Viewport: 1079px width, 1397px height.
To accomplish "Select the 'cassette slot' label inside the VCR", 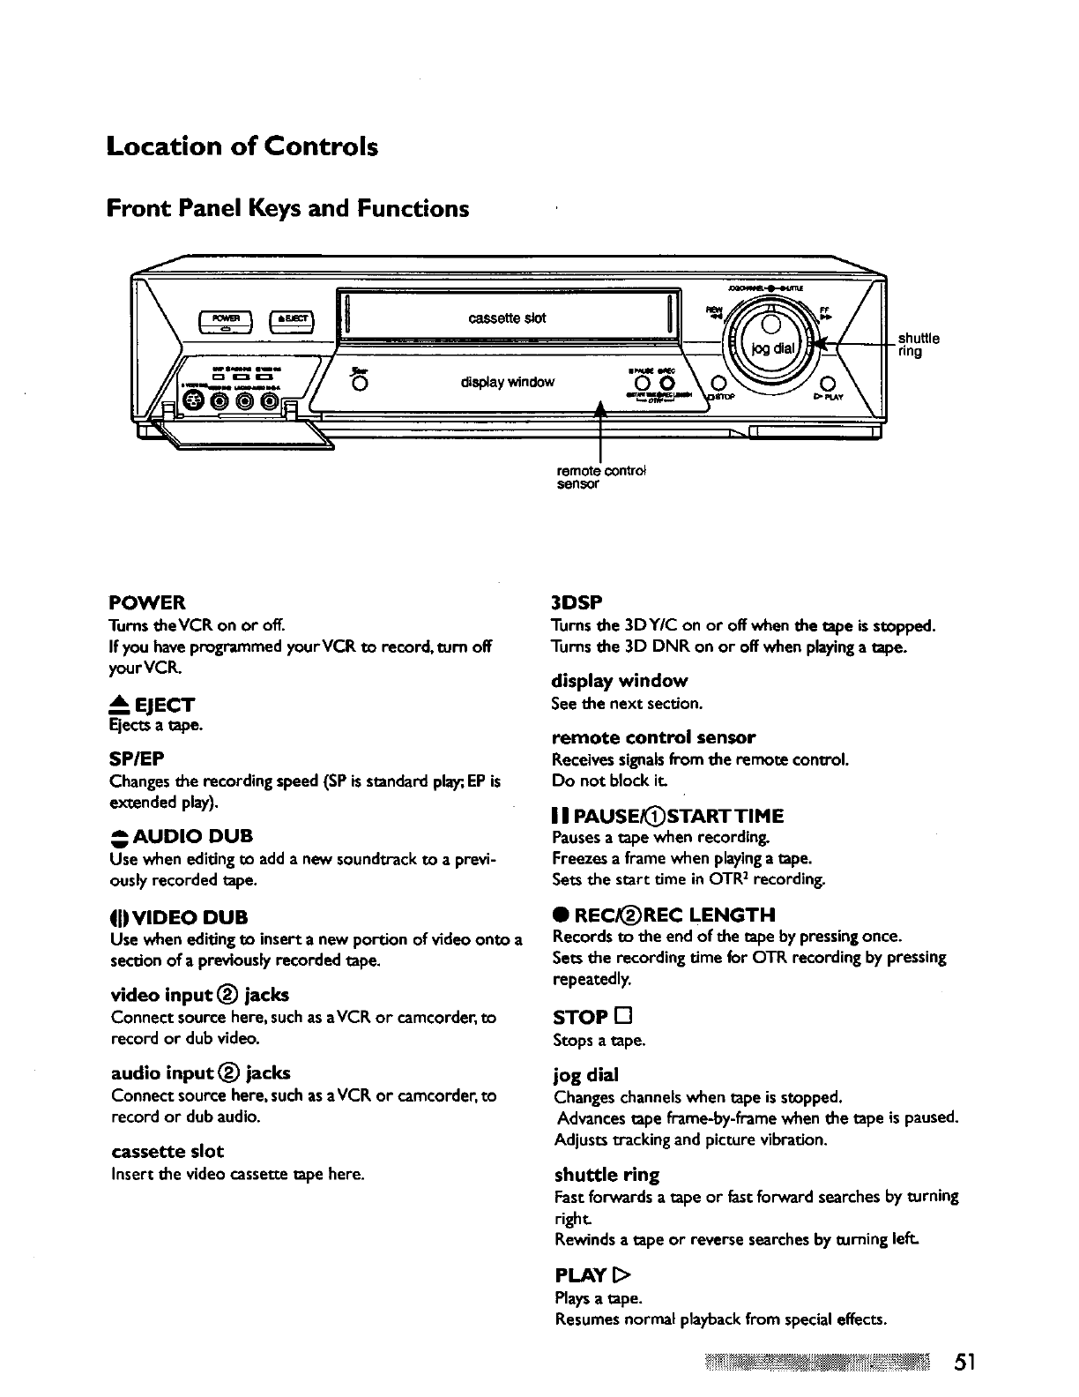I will pyautogui.click(x=507, y=317).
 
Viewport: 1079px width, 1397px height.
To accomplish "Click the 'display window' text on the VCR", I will pyautogui.click(x=507, y=382).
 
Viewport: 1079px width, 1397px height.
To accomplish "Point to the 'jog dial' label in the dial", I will pyautogui.click(x=773, y=347).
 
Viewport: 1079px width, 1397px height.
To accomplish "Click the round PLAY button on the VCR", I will pyautogui.click(x=827, y=383).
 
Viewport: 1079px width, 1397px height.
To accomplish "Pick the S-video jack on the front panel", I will pyautogui.click(x=192, y=402).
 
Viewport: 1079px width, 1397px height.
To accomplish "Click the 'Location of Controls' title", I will pyautogui.click(x=242, y=146).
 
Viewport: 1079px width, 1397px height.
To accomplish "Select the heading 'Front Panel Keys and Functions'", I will pyautogui.click(x=287, y=209).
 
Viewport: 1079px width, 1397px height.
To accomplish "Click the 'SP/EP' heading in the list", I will pyautogui.click(x=137, y=759).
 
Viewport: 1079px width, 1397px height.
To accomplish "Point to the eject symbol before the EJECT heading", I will pyautogui.click(x=119, y=704).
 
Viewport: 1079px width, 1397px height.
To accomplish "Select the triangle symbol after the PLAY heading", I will pyautogui.click(x=625, y=1276).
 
